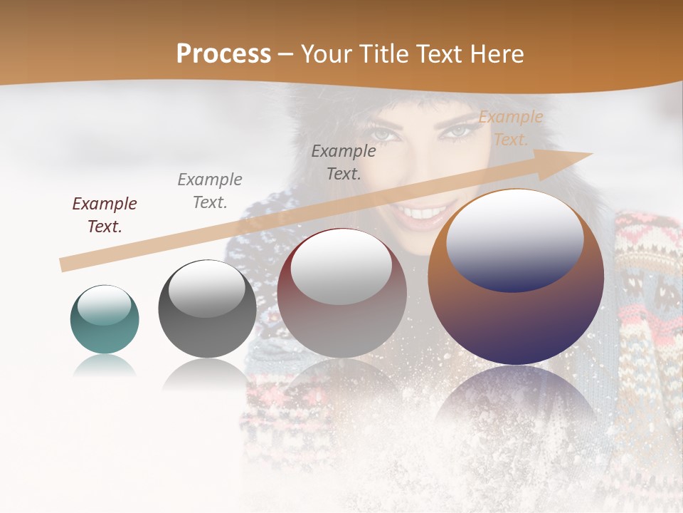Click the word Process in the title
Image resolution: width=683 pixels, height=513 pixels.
click(x=223, y=54)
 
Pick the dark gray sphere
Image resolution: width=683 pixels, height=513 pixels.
click(x=207, y=309)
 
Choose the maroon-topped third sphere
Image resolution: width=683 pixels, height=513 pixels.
click(x=341, y=294)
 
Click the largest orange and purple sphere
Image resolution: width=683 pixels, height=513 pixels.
click(x=516, y=278)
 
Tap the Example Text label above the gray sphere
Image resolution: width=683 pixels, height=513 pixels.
click(x=210, y=190)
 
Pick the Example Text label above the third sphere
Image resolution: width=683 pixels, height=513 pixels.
click(x=344, y=162)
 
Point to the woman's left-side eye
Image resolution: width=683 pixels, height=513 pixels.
click(x=382, y=133)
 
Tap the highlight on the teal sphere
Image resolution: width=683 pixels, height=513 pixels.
click(x=105, y=305)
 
